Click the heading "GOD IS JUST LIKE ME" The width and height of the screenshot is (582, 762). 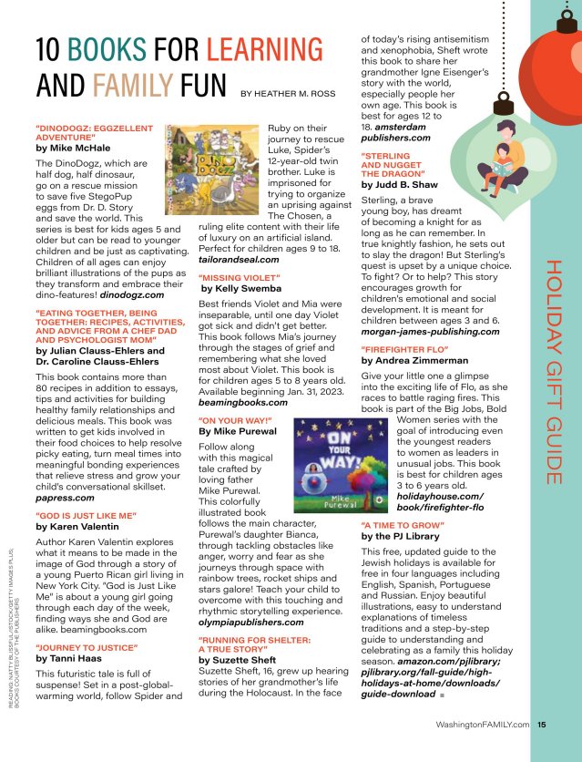[86, 515]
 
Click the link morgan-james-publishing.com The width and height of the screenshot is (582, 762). [431, 332]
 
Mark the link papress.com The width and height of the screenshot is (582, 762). [68, 498]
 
